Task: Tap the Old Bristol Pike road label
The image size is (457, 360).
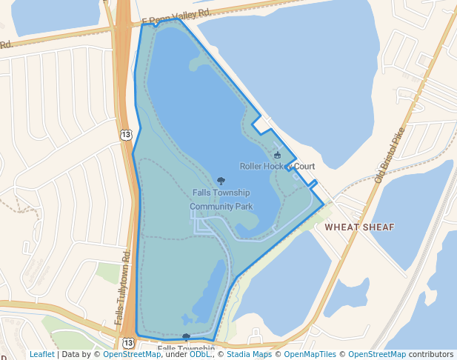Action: click(390, 154)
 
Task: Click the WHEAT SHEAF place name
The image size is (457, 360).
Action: click(359, 227)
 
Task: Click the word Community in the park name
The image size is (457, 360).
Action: click(212, 207)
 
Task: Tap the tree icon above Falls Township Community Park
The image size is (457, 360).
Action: click(221, 180)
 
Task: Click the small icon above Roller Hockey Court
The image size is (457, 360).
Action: click(278, 155)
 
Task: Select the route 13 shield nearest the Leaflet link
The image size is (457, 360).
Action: click(128, 343)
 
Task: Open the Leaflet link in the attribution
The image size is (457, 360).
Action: click(42, 355)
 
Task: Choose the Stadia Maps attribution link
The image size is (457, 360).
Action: click(248, 355)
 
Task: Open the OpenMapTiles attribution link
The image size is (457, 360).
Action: click(310, 355)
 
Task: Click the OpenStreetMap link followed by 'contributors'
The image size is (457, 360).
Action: click(377, 355)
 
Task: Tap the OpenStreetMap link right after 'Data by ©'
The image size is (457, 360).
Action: click(132, 355)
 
